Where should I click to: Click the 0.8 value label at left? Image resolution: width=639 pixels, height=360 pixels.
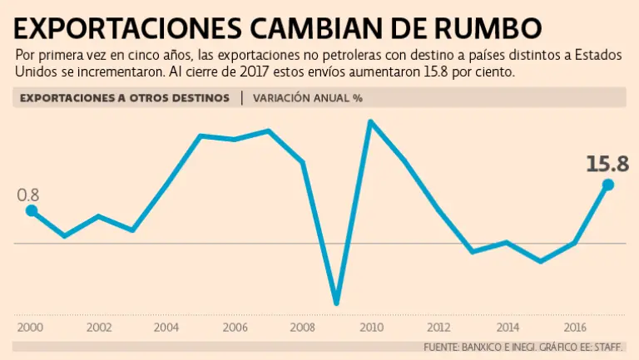(x=28, y=195)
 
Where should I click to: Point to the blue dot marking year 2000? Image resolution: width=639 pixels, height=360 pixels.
(x=32, y=211)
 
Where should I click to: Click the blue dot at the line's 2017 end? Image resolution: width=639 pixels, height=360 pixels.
(x=607, y=185)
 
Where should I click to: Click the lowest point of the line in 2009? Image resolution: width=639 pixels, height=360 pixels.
(x=336, y=302)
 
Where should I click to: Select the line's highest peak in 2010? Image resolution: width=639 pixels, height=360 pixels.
(x=369, y=122)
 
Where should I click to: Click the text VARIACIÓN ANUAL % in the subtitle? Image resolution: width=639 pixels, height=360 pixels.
(x=308, y=97)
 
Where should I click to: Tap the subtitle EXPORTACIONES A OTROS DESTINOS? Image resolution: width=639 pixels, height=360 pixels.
(x=124, y=97)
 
